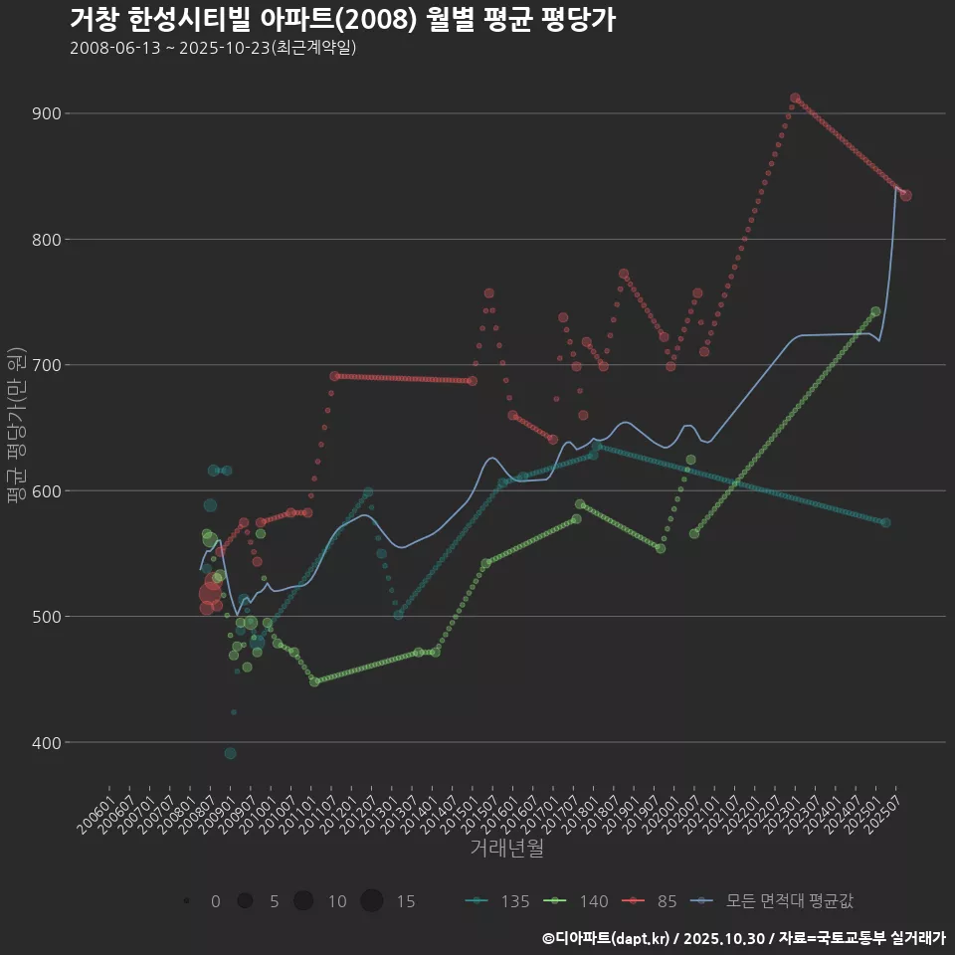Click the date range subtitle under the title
[x=213, y=49]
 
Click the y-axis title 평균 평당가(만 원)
[x=15, y=428]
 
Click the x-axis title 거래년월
[x=506, y=849]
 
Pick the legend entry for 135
[x=497, y=901]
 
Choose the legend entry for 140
[x=576, y=901]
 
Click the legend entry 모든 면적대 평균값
[x=776, y=901]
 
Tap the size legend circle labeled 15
[x=372, y=901]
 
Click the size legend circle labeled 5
[x=244, y=901]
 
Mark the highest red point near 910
[x=795, y=98]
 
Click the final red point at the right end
[x=905, y=195]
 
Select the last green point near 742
[x=875, y=311]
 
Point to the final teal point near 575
[x=885, y=522]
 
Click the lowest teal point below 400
[x=230, y=753]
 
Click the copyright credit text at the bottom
[x=743, y=937]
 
